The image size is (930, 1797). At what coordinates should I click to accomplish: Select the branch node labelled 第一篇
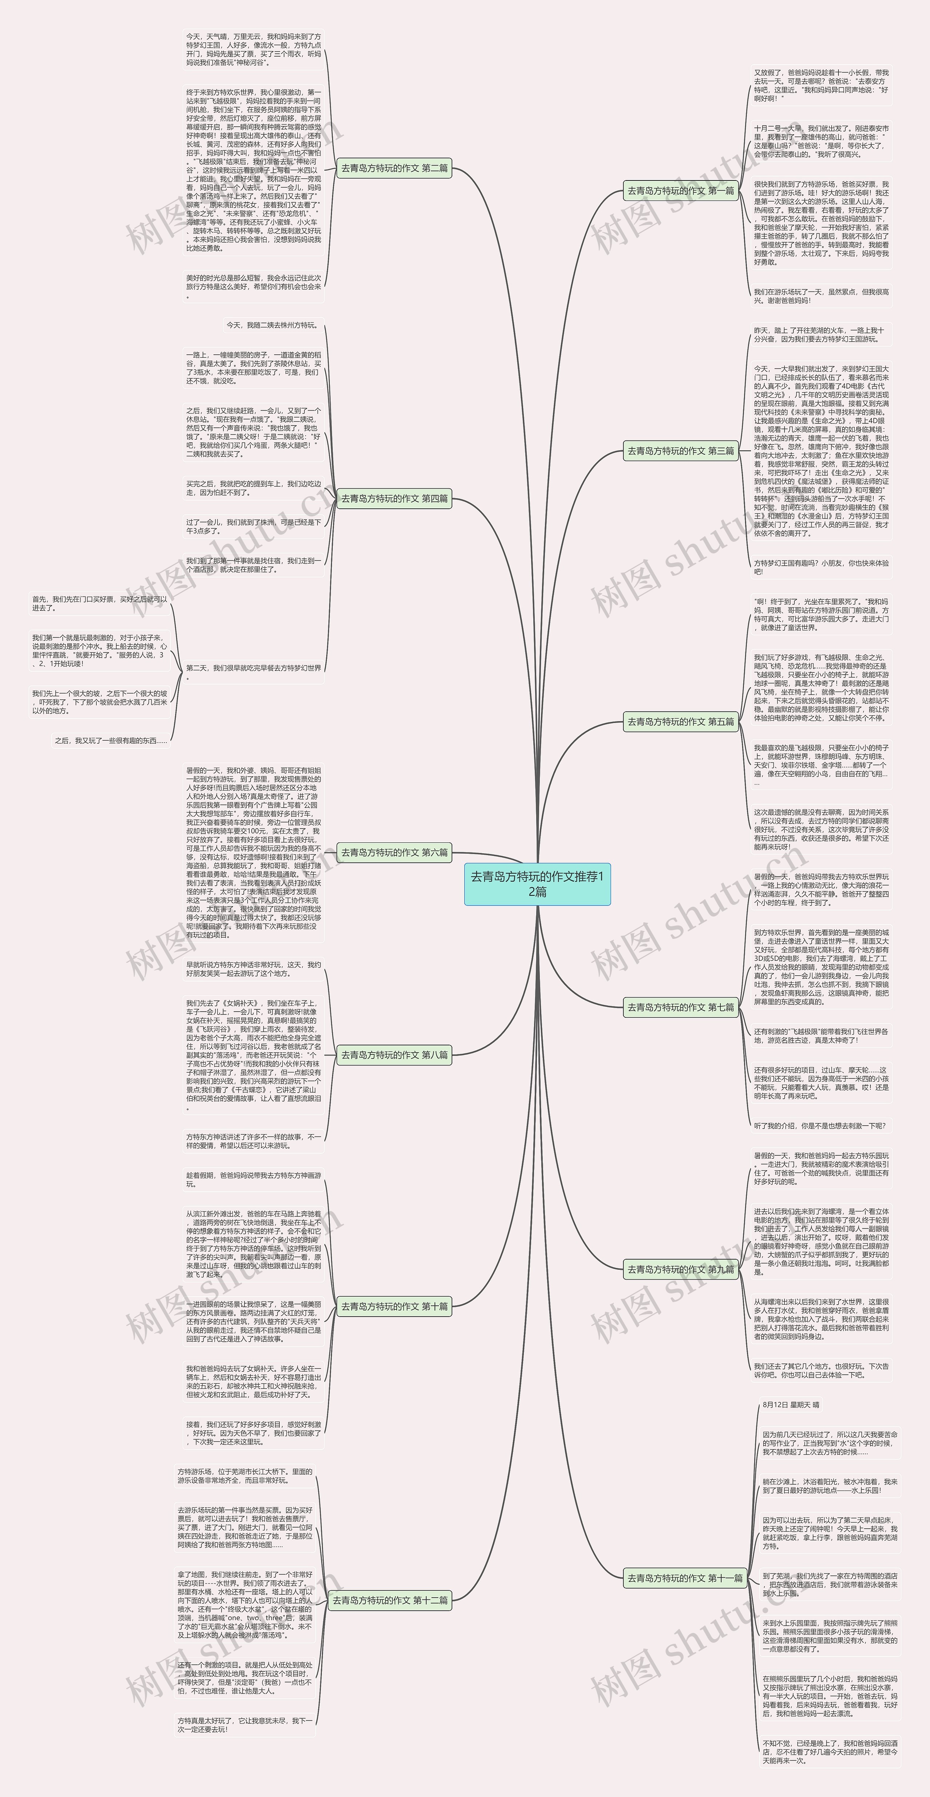point(680,190)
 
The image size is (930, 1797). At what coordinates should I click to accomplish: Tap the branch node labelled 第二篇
point(394,168)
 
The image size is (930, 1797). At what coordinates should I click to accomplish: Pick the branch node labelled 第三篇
point(680,451)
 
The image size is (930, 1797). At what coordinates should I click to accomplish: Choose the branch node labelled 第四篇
point(394,498)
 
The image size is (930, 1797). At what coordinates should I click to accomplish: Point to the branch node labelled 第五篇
point(680,721)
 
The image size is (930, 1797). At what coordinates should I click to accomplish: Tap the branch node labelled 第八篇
point(394,1055)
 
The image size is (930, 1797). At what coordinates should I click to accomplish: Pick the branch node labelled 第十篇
point(394,1306)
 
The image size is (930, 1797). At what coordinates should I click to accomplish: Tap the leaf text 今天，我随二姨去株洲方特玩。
point(271,325)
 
